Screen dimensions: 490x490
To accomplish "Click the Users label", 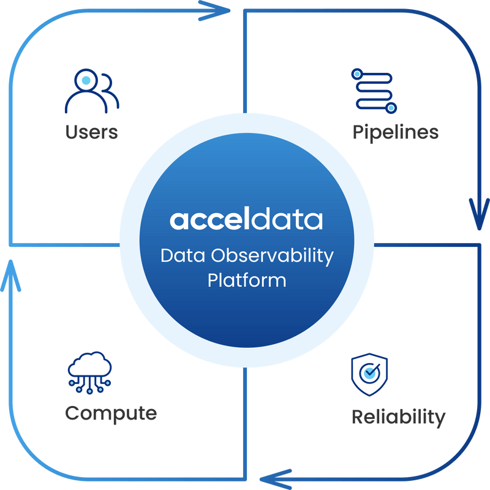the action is pos(91,132).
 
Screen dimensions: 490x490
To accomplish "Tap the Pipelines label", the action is pos(395,132).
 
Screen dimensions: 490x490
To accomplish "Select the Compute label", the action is pos(111,414).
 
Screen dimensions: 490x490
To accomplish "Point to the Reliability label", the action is pos(399,418).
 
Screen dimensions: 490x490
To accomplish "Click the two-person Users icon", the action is pos(92,91).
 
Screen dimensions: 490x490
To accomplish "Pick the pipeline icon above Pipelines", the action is pos(374,91).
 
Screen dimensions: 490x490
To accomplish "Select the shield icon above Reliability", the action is pos(369,374).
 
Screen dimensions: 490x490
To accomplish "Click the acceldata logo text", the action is pos(246,219).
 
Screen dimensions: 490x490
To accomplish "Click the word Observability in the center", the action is pos(272,256).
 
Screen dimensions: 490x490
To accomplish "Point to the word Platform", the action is pos(247,280).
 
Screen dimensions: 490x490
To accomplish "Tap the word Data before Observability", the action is pos(183,255).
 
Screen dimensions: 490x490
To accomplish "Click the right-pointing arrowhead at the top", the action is pos(214,10).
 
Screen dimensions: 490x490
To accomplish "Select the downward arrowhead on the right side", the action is pos(479,214).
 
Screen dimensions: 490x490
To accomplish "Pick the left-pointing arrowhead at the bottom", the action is pos(276,479).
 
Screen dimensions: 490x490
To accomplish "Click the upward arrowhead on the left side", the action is pos(10,276).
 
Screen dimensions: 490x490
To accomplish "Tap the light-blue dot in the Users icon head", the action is pos(86,80).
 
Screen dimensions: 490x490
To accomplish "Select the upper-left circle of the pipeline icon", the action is pos(357,74).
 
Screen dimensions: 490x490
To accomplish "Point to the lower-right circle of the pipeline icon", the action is pos(391,108).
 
